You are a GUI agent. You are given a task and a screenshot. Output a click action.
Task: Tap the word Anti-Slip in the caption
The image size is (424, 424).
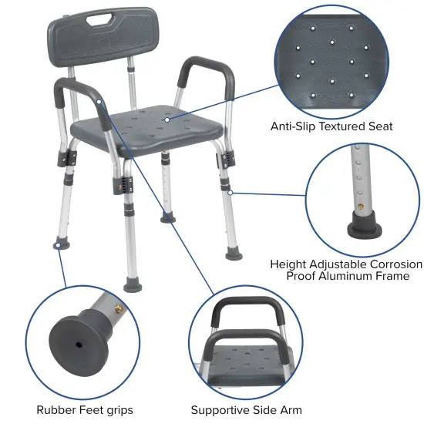[293, 126]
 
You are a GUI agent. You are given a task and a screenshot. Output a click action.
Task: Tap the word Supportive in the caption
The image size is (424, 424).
[221, 410]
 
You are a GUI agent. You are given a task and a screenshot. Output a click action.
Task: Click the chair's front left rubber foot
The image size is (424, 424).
[59, 244]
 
